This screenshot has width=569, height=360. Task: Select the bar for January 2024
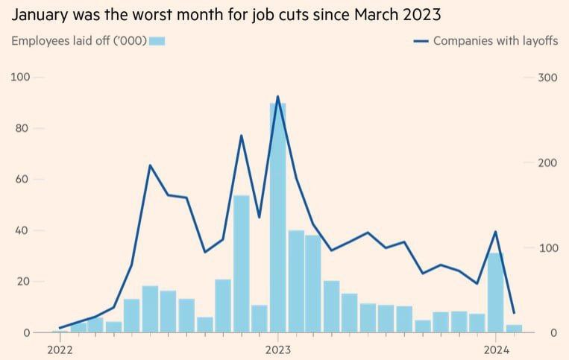[496, 292]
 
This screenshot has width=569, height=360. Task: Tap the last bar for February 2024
[514, 329]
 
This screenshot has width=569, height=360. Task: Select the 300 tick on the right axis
[548, 78]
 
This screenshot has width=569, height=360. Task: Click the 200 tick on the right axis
[548, 162]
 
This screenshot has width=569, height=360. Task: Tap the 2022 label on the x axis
[60, 349]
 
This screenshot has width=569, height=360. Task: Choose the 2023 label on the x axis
[277, 349]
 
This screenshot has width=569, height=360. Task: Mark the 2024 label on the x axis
[496, 349]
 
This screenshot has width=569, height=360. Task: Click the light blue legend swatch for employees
[157, 41]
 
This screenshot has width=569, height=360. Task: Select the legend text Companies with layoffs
[495, 41]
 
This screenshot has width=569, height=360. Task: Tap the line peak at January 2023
[277, 97]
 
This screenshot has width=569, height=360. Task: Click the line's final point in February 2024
[514, 312]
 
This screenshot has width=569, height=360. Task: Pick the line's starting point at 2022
[60, 328]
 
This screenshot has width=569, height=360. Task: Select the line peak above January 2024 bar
[496, 232]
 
